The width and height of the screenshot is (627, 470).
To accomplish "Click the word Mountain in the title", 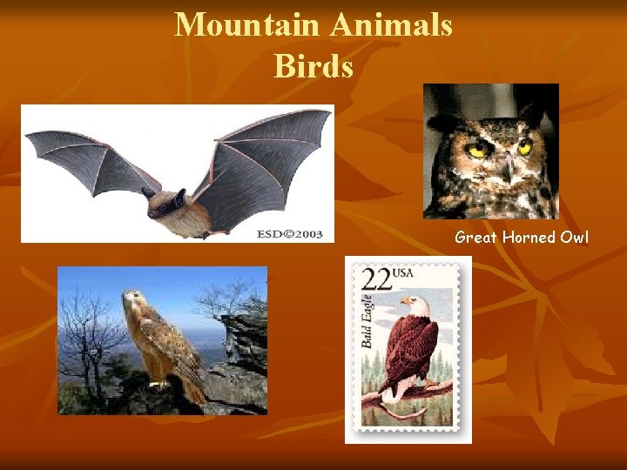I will coord(247,24).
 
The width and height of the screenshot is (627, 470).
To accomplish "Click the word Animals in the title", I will coord(391,24).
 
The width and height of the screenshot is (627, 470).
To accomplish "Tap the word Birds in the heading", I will coord(313,66).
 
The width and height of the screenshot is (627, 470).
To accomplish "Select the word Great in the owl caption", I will coord(475,237).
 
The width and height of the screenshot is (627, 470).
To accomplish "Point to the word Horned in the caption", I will coord(529,237).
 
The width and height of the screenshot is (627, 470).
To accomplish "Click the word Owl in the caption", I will coord(575,237).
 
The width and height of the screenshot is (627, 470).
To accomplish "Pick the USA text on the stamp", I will coord(403,273).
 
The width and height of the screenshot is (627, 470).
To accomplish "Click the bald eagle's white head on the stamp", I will coord(412,304).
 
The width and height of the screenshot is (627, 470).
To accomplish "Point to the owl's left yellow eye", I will coord(475,150).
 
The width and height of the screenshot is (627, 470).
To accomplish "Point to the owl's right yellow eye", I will coord(524,148).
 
